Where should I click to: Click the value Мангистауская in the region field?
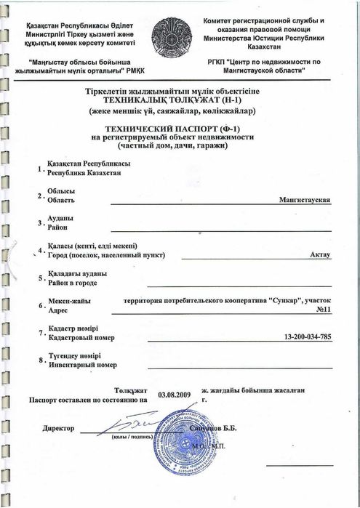tap(305, 199)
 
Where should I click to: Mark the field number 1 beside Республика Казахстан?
tap(39, 169)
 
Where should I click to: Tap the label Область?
tap(60, 198)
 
